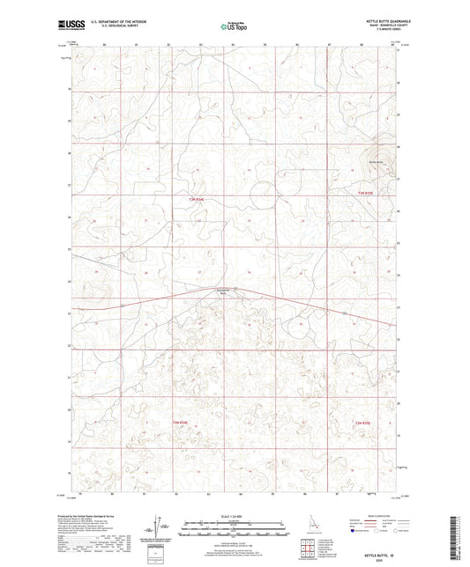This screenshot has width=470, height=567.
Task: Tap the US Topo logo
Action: (x=235, y=26)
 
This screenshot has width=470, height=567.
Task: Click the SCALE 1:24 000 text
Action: (x=235, y=515)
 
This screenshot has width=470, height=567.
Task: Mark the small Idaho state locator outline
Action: (x=306, y=526)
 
